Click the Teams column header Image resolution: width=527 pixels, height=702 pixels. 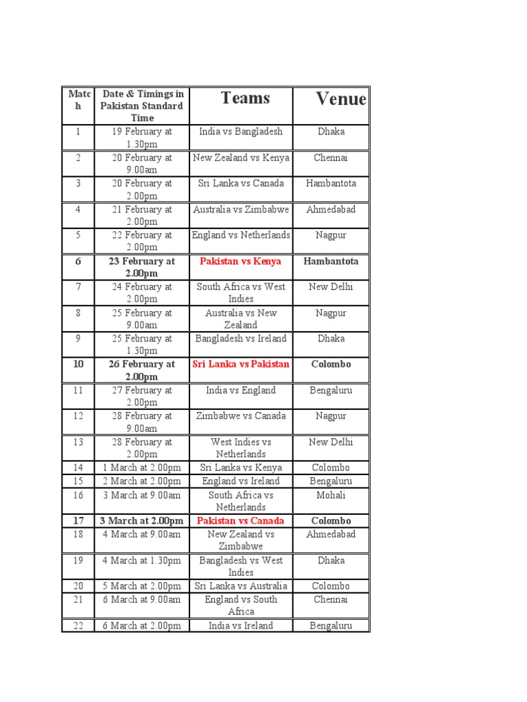click(x=245, y=98)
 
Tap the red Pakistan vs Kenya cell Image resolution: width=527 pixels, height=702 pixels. click(x=241, y=261)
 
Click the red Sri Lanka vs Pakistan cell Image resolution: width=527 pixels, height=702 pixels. click(x=241, y=364)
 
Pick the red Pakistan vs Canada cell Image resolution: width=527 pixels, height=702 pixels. click(x=241, y=521)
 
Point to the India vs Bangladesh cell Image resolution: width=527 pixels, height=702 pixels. click(x=241, y=132)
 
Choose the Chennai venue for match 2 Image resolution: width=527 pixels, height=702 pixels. click(x=331, y=158)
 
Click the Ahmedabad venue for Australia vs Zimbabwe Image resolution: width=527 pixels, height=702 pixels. click(x=331, y=210)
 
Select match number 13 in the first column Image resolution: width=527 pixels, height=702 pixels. click(x=78, y=442)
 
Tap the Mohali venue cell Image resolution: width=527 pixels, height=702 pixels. click(x=331, y=495)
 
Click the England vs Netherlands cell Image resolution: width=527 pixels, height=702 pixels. click(x=241, y=235)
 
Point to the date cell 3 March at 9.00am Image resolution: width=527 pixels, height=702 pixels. click(x=142, y=495)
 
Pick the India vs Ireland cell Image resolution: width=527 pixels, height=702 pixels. click(x=241, y=625)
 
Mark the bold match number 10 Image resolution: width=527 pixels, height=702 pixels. click(x=78, y=364)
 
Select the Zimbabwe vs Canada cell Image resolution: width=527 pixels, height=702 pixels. click(x=241, y=416)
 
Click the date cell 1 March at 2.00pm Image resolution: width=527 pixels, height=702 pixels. click(x=142, y=468)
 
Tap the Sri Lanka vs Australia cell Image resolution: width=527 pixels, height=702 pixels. click(x=241, y=586)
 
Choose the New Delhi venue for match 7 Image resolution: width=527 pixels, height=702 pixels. click(x=331, y=287)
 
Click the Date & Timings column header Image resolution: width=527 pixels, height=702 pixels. click(x=142, y=106)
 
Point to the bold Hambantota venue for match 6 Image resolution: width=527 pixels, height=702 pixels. click(x=331, y=261)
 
